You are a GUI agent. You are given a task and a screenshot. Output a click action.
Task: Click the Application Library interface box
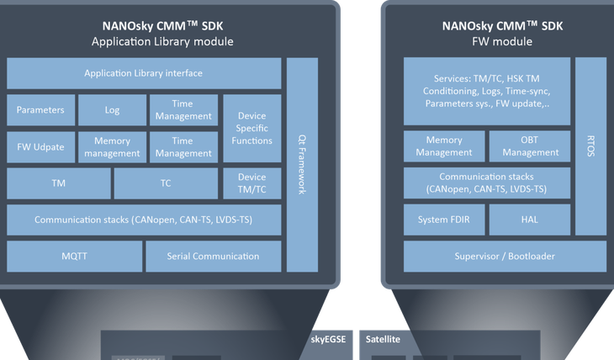click(x=143, y=73)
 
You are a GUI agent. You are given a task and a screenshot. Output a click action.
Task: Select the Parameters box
click(x=40, y=109)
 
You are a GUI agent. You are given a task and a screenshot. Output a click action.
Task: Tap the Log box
click(x=112, y=109)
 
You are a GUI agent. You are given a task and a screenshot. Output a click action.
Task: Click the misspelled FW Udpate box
click(x=40, y=147)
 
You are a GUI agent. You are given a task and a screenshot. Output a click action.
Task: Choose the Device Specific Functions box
click(x=251, y=128)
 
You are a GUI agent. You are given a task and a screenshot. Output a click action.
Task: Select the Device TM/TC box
click(x=251, y=183)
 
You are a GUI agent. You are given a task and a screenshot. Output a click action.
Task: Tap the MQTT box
click(x=73, y=256)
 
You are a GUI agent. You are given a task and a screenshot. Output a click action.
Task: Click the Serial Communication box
click(x=213, y=256)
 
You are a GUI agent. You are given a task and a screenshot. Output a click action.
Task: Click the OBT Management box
click(x=527, y=146)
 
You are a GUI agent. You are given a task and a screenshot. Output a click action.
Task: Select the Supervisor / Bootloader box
click(x=504, y=256)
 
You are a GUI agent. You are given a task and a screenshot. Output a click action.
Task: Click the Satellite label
click(x=383, y=340)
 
